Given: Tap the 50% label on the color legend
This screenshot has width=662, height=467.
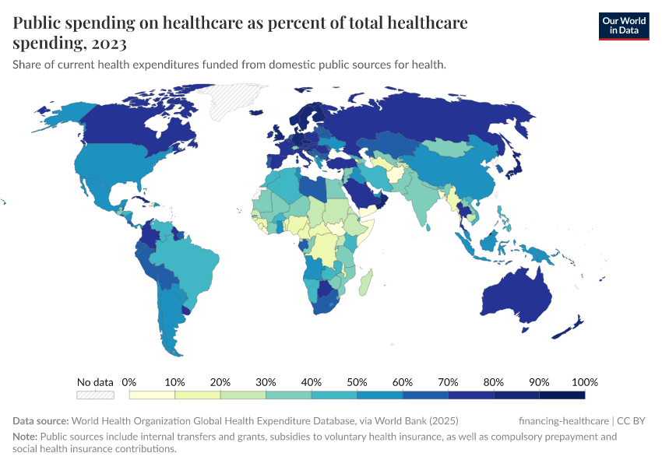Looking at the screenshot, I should tap(357, 382).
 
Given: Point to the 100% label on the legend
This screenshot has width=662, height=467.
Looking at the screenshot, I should tap(584, 382).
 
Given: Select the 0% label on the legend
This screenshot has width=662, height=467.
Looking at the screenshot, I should tap(129, 382).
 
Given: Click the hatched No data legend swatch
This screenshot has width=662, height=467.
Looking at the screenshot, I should tap(95, 395).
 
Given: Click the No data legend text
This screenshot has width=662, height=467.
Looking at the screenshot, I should tap(95, 382).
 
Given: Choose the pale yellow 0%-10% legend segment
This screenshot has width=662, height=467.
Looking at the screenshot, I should tap(152, 395).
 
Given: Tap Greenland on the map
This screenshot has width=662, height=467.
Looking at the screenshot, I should tap(226, 101).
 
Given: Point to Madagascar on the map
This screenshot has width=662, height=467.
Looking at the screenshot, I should tap(365, 282).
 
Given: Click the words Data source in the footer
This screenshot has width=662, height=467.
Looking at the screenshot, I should tap(40, 420).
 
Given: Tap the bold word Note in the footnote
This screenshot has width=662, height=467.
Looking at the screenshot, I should tap(25, 437).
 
